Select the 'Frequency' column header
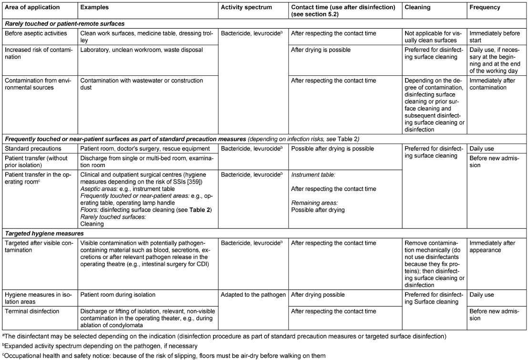[484, 8]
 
